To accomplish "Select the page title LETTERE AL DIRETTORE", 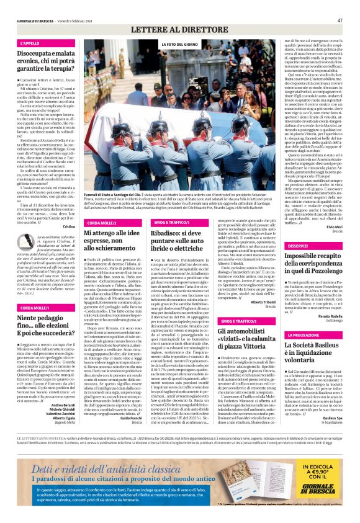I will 181,29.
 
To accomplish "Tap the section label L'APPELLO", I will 30,44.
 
